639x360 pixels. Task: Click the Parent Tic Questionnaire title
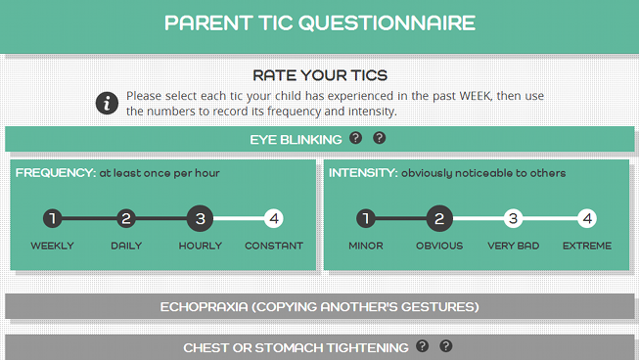(x=319, y=22)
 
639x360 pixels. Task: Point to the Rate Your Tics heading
(x=320, y=75)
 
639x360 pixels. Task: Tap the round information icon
(x=107, y=103)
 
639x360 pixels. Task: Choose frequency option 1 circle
(x=53, y=218)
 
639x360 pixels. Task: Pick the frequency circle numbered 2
(x=126, y=218)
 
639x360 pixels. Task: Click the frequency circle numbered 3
(x=201, y=218)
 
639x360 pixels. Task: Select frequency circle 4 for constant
(x=274, y=218)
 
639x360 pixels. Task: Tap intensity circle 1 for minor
(x=366, y=218)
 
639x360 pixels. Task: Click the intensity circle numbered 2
(x=439, y=218)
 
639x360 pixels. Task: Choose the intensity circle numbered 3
(x=513, y=218)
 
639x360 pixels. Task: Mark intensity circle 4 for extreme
(x=586, y=218)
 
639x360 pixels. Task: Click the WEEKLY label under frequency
(x=53, y=246)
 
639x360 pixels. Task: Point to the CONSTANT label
(x=274, y=246)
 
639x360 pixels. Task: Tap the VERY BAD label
(x=513, y=246)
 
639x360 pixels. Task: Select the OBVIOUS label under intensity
(x=439, y=246)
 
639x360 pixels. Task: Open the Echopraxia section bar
(x=319, y=307)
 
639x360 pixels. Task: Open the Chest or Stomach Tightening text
(x=296, y=347)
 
